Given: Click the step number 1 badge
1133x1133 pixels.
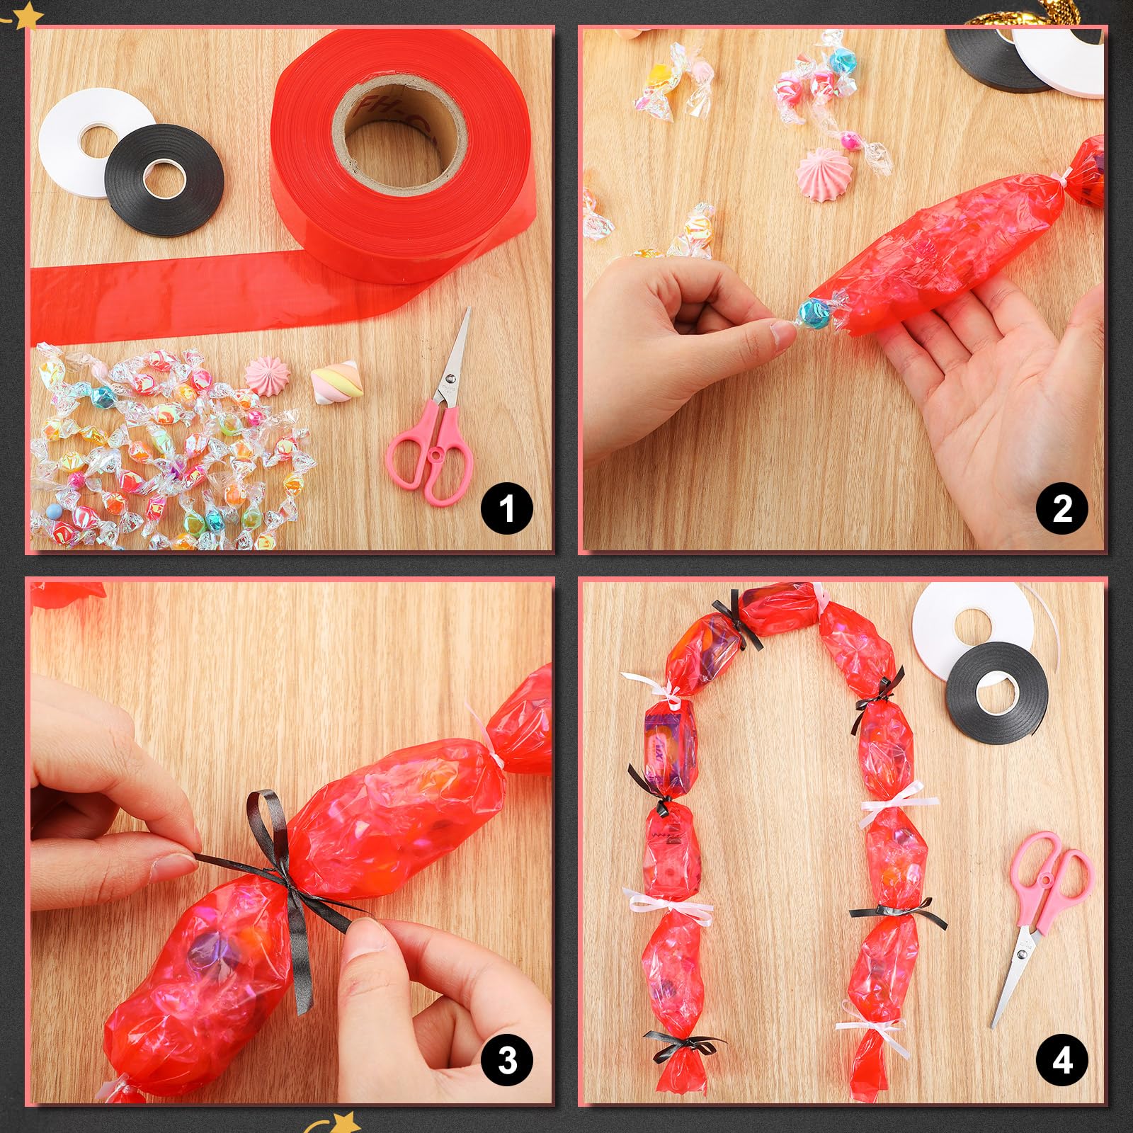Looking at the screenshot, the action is [x=507, y=508].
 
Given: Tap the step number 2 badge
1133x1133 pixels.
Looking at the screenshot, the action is [x=1061, y=508].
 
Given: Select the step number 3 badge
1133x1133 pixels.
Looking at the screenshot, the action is [x=507, y=1061].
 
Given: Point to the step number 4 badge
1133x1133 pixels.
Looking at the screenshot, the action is [x=1061, y=1061].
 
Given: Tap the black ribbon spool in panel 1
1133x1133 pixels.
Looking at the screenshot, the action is [x=164, y=180].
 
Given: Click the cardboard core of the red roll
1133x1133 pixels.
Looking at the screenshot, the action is [x=399, y=135].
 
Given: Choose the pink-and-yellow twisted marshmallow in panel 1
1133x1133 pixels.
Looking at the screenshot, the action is [x=337, y=381].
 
